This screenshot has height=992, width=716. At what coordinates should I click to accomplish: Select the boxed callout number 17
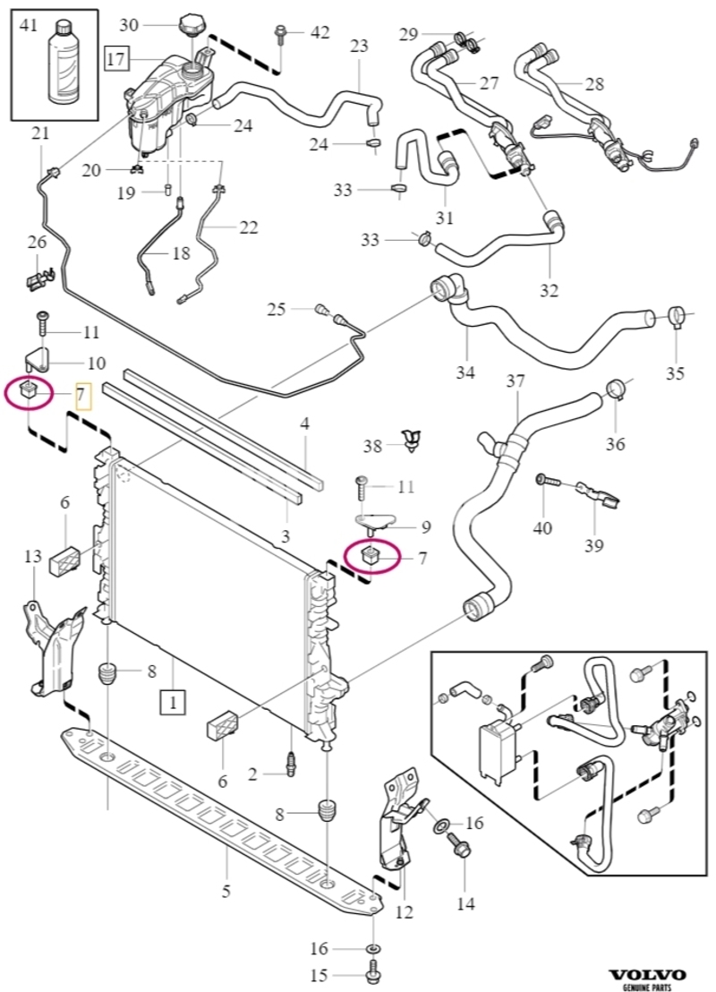(x=115, y=59)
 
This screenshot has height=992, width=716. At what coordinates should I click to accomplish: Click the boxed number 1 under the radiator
(x=173, y=702)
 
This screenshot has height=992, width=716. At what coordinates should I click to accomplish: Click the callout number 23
(x=359, y=47)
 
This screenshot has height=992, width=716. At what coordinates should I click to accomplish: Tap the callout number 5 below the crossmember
(x=226, y=893)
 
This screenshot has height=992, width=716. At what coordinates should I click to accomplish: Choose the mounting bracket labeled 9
(x=375, y=525)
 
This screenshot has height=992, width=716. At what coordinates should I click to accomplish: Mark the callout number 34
(x=466, y=372)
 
